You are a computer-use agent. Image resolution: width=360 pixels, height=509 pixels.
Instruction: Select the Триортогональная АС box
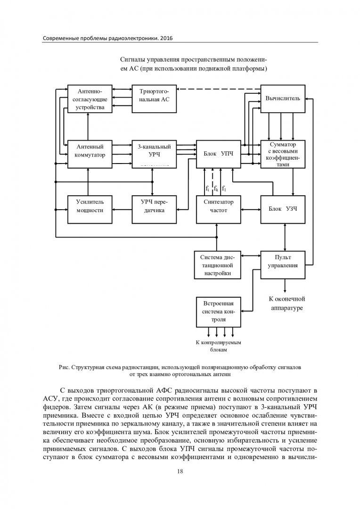(x=154, y=99)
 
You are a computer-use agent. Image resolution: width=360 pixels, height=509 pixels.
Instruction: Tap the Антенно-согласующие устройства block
(x=90, y=99)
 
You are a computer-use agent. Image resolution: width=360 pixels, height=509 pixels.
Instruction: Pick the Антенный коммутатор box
(x=90, y=154)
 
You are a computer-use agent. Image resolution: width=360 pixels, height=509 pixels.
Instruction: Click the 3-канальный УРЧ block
(x=154, y=154)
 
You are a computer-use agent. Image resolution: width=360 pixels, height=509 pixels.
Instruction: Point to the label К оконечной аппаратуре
(x=286, y=303)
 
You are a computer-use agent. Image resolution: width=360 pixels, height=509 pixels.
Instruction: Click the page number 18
(x=180, y=471)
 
